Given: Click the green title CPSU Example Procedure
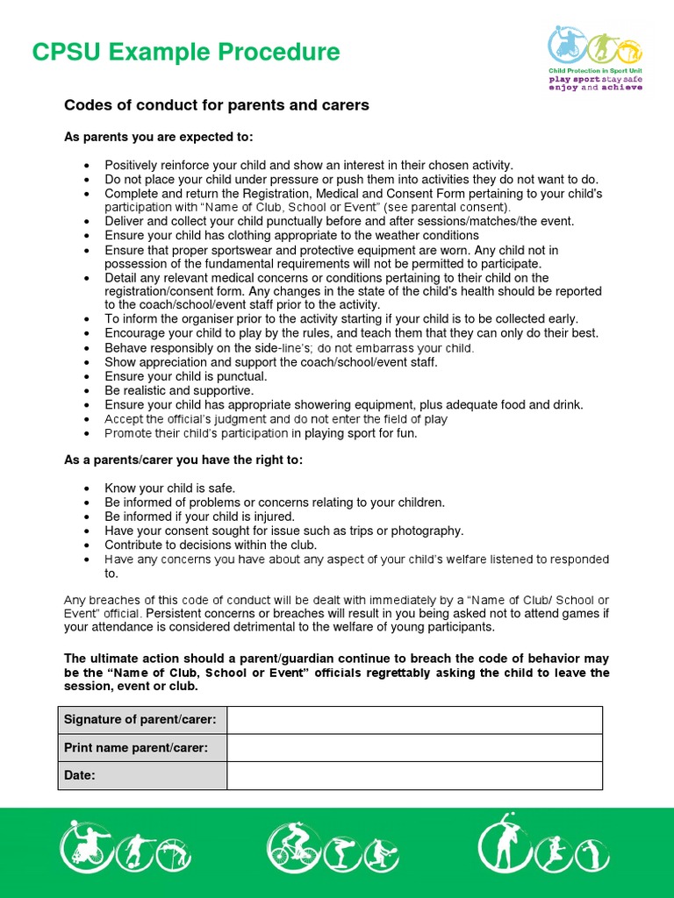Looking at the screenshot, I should pyautogui.click(x=185, y=53).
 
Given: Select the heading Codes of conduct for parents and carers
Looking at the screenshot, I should pyautogui.click(x=217, y=105).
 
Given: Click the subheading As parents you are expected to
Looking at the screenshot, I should pyautogui.click(x=159, y=137).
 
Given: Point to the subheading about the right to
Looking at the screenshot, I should pyautogui.click(x=183, y=460).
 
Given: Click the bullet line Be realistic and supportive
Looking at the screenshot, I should pyautogui.click(x=179, y=390).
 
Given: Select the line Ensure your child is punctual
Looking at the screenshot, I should pyautogui.click(x=185, y=376).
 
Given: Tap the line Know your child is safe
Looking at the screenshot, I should pyautogui.click(x=169, y=488).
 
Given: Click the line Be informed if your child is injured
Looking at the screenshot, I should pyautogui.click(x=199, y=517).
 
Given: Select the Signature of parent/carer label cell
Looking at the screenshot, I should pyautogui.click(x=142, y=720).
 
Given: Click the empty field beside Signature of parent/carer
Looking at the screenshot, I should pyautogui.click(x=414, y=720).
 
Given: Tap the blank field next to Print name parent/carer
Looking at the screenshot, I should pyautogui.click(x=414, y=748).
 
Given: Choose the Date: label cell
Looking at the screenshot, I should pyautogui.click(x=142, y=775).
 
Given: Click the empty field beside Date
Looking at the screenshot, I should pyautogui.click(x=414, y=775).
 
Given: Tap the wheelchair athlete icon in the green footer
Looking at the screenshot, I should pyautogui.click(x=84, y=847).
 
